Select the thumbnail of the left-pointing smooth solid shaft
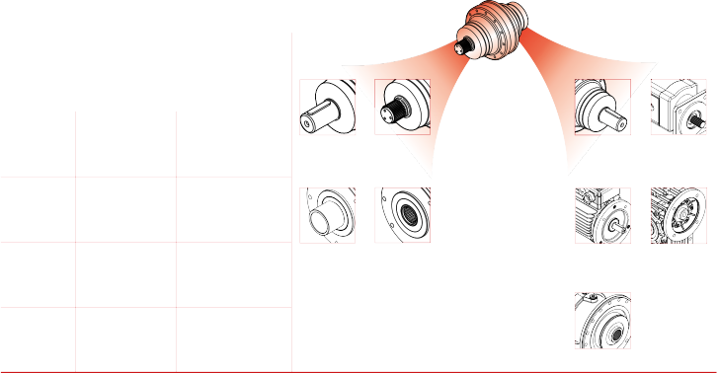click(327, 107)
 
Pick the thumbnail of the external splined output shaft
click(403, 107)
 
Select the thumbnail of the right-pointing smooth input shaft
click(602, 107)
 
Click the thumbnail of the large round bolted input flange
click(602, 319)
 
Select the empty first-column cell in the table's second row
click(38, 209)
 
